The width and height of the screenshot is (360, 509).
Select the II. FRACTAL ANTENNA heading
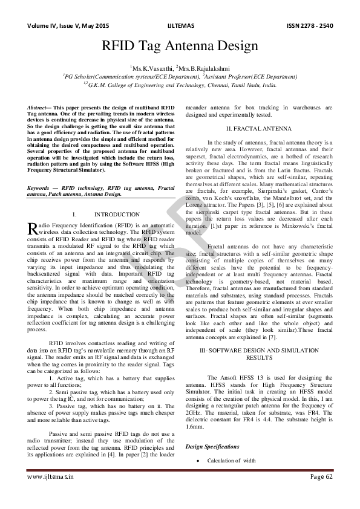[257, 129]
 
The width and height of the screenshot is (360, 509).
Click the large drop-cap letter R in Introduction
[33, 228]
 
